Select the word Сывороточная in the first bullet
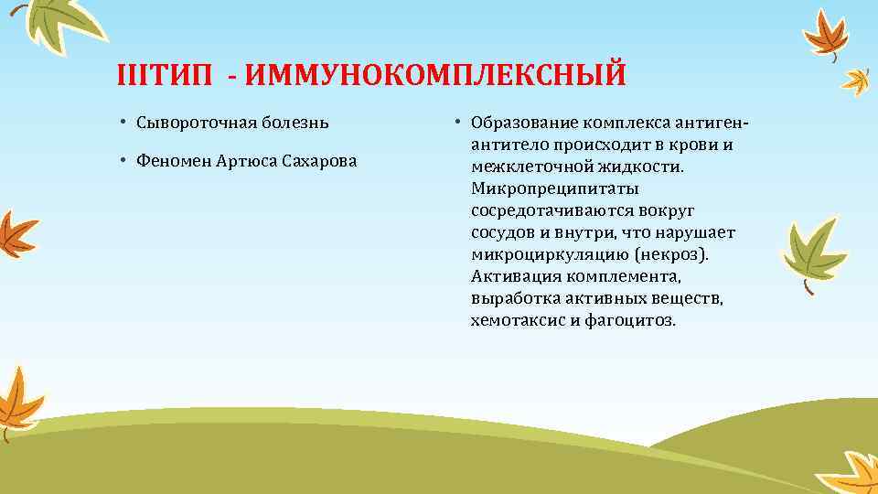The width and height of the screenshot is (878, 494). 190,122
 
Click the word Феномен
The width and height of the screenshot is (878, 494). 173,162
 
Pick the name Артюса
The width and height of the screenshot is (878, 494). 248,162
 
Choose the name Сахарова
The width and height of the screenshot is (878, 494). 319,162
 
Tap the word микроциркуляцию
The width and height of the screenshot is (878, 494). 544,255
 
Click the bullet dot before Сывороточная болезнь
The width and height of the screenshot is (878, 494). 122,123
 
